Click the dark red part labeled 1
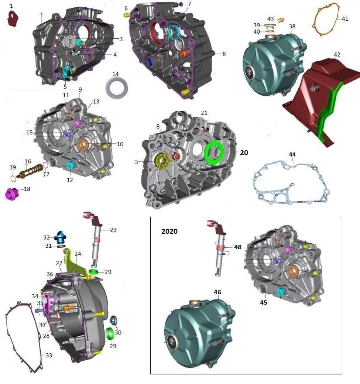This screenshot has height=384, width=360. (x=14, y=18)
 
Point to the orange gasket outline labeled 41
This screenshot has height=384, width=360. (x=326, y=18)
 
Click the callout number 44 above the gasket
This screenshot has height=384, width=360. (x=292, y=154)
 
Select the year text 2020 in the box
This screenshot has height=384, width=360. (x=169, y=232)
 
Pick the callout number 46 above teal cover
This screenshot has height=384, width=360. (x=217, y=292)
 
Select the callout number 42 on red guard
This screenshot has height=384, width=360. (x=337, y=54)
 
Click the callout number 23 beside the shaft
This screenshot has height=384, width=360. (x=113, y=229)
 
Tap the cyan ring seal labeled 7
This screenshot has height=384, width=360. (x=174, y=32)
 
